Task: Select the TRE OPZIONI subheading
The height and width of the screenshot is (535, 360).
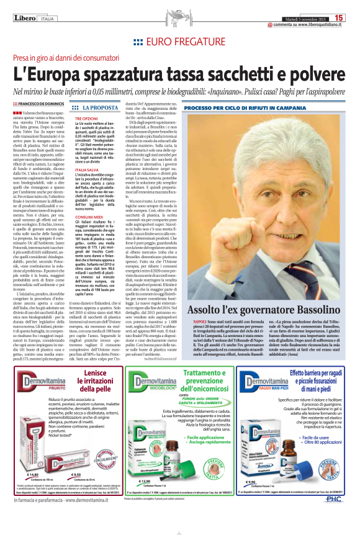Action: (x=86, y=118)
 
